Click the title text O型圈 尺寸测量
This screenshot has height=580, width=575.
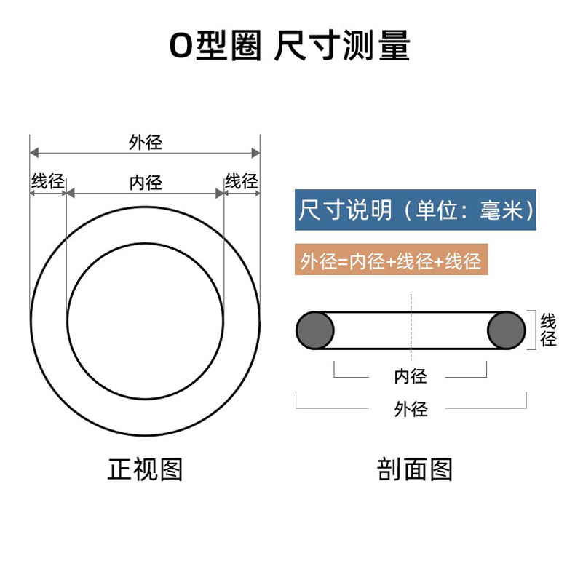coord(289,46)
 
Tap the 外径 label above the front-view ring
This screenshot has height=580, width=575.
coord(145,142)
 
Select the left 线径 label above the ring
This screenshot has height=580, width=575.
coord(47,181)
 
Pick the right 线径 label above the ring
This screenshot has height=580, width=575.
coord(242,181)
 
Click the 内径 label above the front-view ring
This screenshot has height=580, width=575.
coord(145,182)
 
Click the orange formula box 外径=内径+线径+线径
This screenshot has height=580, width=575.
coord(391,261)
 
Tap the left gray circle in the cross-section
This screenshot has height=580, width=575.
coord(314,331)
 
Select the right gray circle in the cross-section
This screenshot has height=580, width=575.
coord(506,331)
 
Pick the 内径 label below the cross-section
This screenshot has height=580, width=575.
coord(411,376)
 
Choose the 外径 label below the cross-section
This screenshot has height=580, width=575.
coord(411,409)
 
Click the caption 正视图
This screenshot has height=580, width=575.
coord(145,469)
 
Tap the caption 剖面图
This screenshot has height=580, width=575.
coord(415,469)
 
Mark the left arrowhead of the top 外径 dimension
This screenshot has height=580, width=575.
coord(33,153)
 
